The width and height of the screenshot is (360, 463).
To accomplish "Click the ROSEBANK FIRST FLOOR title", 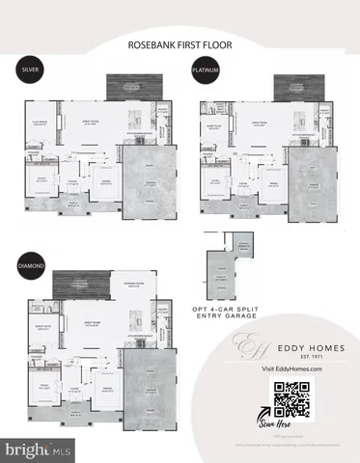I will click(180, 44).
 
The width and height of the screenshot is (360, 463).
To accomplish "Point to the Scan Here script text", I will click(292, 430).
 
